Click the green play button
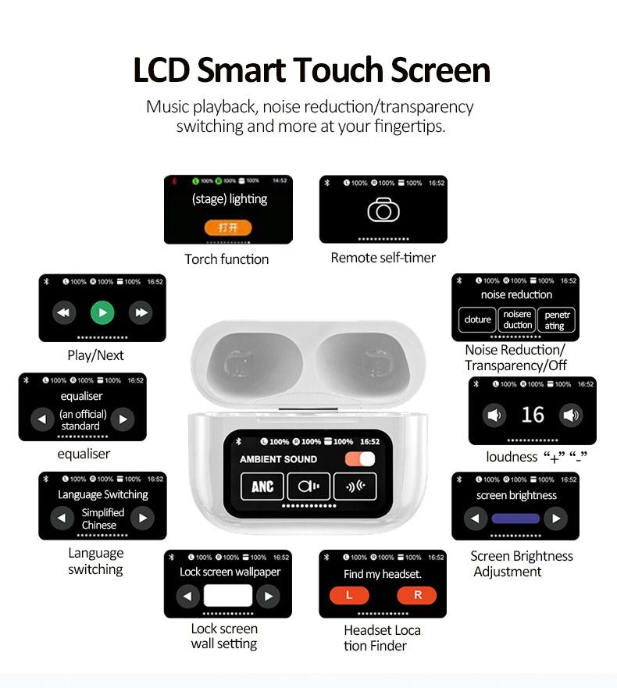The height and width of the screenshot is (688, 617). (102, 313)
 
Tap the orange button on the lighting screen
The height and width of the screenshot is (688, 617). (228, 227)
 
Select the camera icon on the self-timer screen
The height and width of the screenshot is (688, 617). (383, 211)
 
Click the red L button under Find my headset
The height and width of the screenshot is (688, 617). (348, 595)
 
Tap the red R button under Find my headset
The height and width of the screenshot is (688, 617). (417, 595)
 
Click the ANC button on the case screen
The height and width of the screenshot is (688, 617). (262, 487)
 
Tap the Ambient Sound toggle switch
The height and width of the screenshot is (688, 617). (360, 459)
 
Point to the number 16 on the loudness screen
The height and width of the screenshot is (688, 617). (533, 415)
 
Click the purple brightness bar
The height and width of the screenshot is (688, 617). (515, 518)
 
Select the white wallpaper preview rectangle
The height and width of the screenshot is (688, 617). (228, 596)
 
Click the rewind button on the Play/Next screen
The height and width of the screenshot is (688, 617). (64, 313)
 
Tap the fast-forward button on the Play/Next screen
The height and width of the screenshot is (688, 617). (141, 313)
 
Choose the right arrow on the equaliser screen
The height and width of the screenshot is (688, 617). (123, 419)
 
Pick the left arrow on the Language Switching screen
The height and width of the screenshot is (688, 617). (62, 518)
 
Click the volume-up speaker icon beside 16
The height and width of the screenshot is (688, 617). (572, 415)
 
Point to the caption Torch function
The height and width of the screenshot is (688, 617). (226, 259)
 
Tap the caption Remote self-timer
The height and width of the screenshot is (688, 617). (383, 258)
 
